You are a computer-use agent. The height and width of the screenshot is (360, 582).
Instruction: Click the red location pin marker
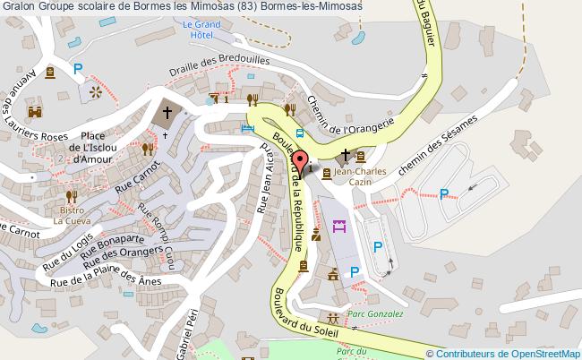298,161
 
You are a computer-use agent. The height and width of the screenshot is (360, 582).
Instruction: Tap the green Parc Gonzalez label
376,314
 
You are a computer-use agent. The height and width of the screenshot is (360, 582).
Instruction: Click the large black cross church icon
167,114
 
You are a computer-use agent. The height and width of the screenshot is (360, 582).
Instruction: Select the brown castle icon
37,112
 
